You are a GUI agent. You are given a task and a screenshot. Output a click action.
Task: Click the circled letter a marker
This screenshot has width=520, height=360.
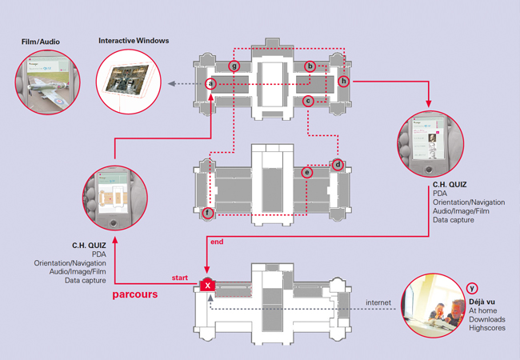point(210,83)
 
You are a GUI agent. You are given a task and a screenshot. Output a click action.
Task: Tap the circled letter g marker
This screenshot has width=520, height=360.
point(234,66)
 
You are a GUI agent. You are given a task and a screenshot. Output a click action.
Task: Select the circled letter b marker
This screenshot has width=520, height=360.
point(310,66)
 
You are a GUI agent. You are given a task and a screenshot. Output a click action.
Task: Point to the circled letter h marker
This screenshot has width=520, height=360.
point(343,81)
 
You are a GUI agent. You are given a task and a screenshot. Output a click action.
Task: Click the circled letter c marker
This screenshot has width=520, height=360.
point(308,101)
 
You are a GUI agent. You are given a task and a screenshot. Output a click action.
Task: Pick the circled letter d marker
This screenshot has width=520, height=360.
point(338,165)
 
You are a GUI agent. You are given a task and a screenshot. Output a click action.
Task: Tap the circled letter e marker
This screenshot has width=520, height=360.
point(306,172)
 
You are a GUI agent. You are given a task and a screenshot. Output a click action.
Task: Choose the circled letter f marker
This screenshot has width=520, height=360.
point(209,213)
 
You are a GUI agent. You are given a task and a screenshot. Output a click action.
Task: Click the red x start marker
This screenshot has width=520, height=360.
point(207,285)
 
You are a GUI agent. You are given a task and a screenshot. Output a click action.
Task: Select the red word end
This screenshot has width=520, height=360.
point(215,241)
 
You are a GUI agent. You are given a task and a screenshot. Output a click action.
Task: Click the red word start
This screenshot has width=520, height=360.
point(180,278)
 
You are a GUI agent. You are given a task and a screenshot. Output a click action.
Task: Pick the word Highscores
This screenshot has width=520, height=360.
point(487,327)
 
